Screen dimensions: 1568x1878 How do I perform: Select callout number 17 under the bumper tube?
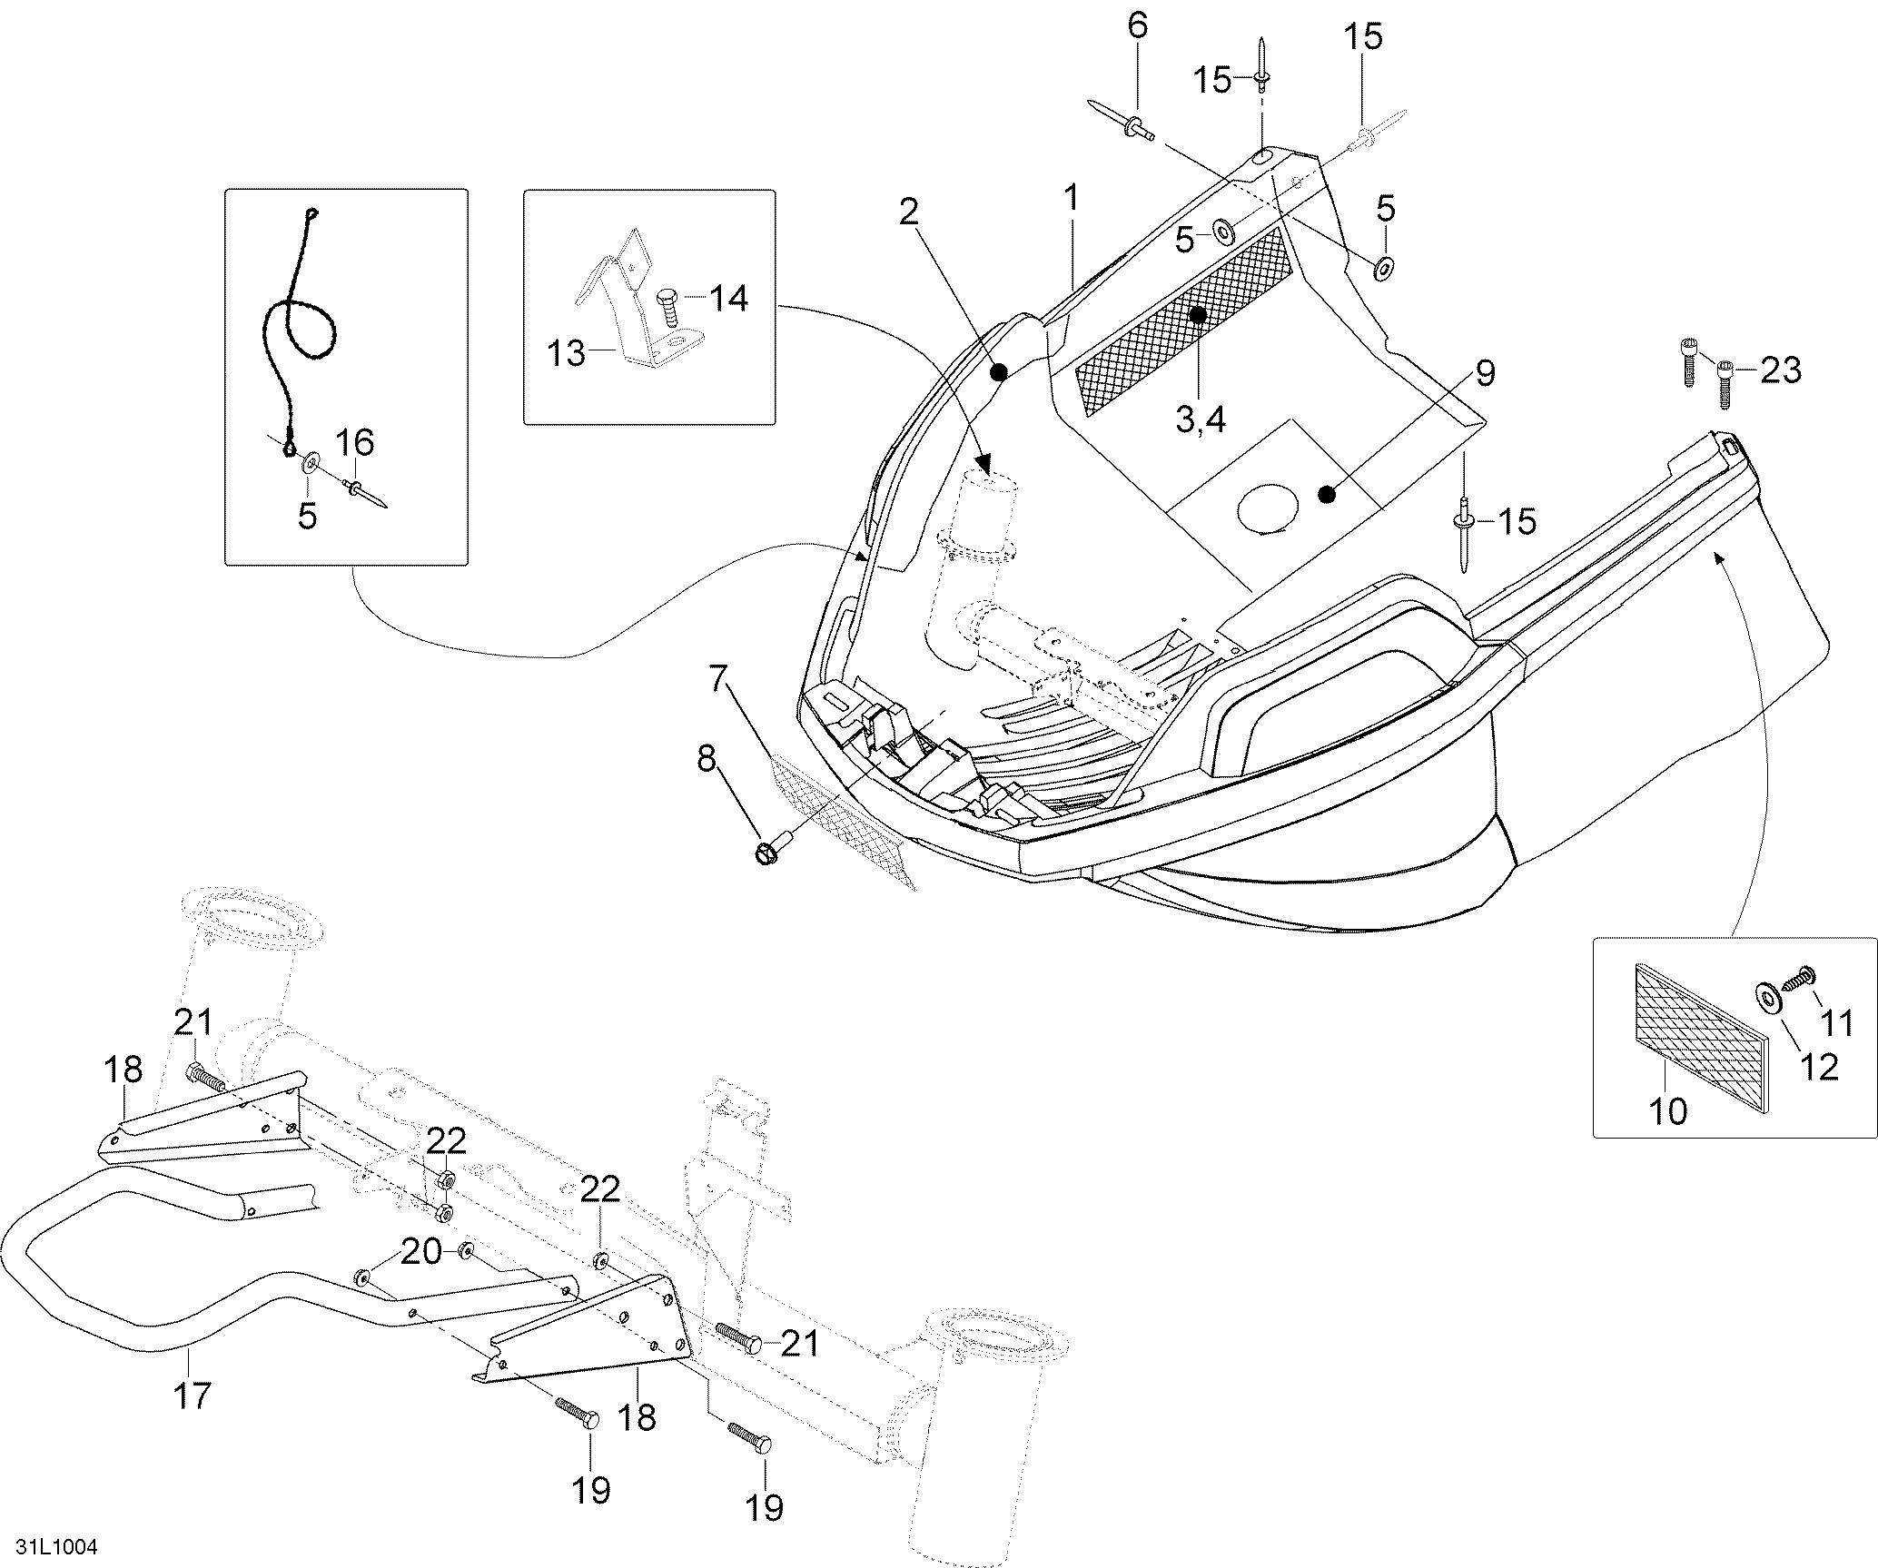[192, 1395]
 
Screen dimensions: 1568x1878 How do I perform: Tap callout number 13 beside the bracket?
[567, 353]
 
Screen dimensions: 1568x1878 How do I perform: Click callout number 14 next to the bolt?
[728, 297]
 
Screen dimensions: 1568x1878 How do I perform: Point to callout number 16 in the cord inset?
[355, 443]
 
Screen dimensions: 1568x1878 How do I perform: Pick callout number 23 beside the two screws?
[1779, 370]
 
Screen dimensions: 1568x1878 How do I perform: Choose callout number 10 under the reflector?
[1667, 1110]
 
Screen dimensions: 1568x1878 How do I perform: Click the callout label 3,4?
[1201, 419]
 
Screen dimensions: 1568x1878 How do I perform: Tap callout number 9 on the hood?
[1486, 373]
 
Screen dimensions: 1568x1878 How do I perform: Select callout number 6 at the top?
[1137, 25]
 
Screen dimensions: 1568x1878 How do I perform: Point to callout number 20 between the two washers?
[422, 1251]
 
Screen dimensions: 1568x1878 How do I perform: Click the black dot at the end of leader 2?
[999, 372]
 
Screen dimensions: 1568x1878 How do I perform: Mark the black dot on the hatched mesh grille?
[1198, 315]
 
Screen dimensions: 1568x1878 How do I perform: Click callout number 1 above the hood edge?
[1072, 197]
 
